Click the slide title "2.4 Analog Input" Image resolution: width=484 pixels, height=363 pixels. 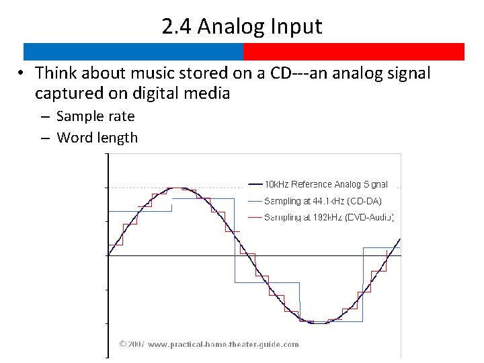242,26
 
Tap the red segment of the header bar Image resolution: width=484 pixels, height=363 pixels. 354,52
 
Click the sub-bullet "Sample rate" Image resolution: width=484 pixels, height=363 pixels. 95,116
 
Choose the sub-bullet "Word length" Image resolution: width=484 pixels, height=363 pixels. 97,138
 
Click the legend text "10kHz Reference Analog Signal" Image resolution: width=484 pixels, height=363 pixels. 325,184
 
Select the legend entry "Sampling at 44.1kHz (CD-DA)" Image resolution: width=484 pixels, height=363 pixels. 323,201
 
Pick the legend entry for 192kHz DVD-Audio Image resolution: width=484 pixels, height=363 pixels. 329,217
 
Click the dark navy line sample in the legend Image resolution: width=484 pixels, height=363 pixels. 255,184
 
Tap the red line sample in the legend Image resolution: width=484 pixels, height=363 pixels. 255,217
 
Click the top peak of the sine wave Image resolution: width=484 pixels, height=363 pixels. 176,188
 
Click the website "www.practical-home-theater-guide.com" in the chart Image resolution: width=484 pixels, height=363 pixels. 223,344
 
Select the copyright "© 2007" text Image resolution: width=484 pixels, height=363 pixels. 132,344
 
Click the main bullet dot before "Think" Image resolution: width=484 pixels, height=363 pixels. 22,73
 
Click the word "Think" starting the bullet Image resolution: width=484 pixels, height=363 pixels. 56,73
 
